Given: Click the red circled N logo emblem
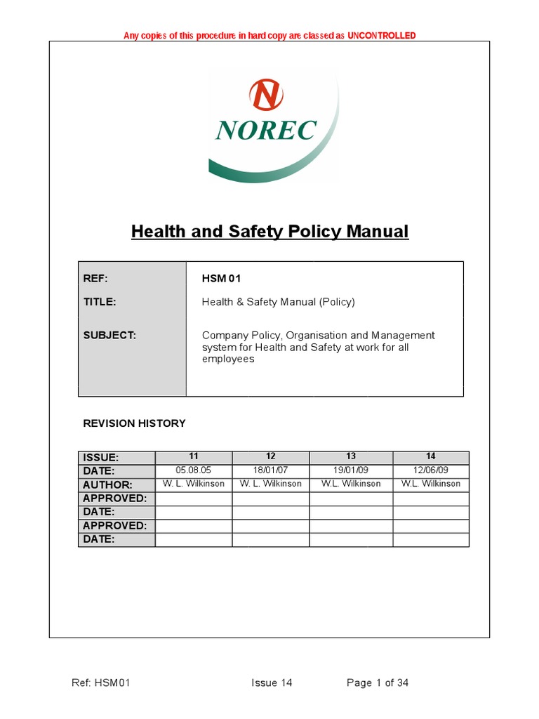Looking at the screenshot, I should coord(266,95).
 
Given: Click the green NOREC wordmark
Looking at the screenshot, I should coord(266,130).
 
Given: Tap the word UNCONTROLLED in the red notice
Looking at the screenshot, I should coord(382,36).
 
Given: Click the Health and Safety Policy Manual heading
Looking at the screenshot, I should coord(269,231).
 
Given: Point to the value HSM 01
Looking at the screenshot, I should coord(221,279).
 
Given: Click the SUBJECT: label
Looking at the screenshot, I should coord(109,336).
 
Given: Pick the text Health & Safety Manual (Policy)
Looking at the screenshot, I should coord(279,302).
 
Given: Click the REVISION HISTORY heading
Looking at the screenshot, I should coord(134,423).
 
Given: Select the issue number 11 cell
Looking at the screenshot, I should coord(194,457).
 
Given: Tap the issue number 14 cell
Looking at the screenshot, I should coord(431,457).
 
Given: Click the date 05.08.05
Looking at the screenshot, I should coord(194,470).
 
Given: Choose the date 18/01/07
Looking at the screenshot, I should coord(271,470).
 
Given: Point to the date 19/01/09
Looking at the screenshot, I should coord(351,470).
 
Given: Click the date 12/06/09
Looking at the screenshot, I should coord(431,470).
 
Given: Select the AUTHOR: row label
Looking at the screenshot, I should coord(107,484).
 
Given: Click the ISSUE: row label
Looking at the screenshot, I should coord(101,458).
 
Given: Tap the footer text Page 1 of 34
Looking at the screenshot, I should coord(378,683).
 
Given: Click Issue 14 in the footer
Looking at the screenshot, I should coord(272,683).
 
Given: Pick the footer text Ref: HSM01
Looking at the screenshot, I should coord(101,683).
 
